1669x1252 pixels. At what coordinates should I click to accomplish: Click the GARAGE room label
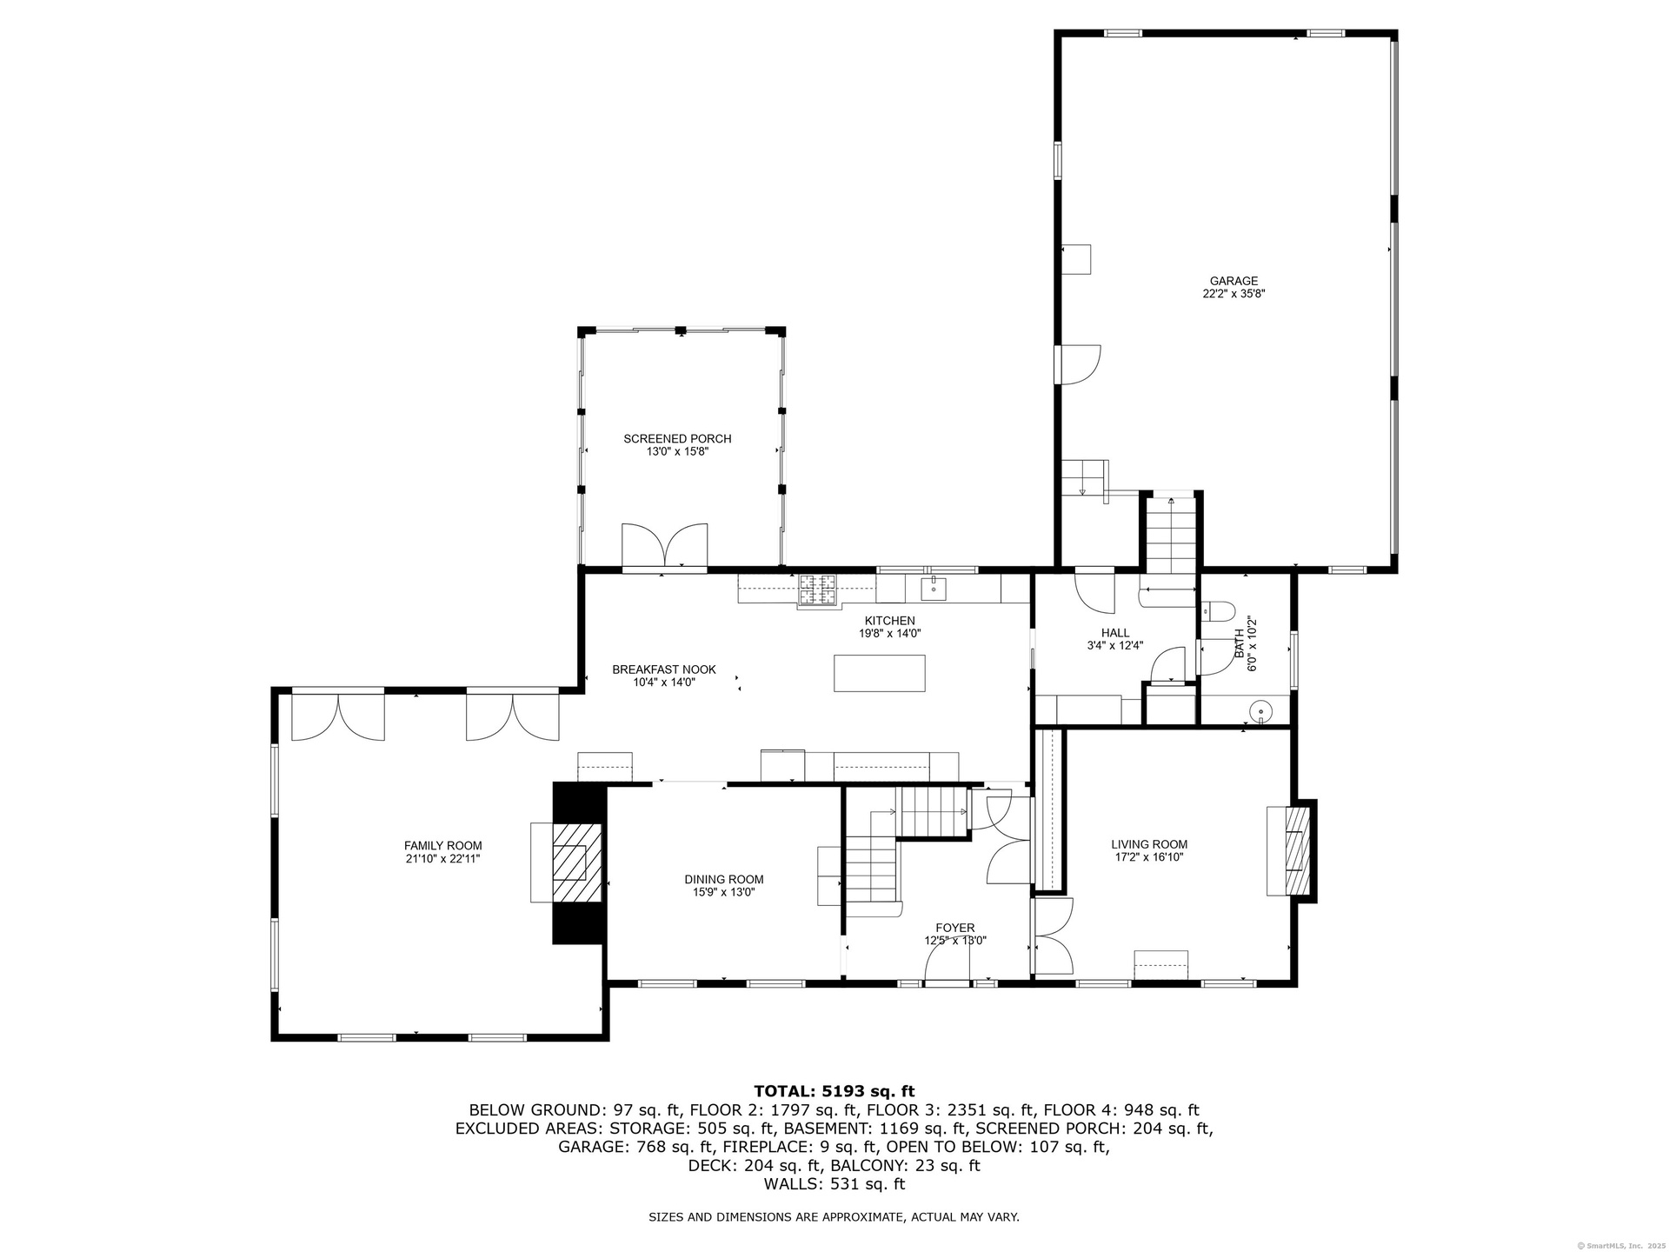1233,281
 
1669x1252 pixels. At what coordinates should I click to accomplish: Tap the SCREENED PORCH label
677,439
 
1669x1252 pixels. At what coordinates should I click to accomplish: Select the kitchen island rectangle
879,673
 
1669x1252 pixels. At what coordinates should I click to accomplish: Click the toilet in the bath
1218,611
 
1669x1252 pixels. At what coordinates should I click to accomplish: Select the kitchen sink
933,587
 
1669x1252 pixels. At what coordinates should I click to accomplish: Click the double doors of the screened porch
664,545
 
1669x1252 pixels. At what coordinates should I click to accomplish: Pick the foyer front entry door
948,963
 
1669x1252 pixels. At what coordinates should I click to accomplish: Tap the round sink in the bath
1260,712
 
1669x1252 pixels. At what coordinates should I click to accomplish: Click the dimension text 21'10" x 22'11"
442,859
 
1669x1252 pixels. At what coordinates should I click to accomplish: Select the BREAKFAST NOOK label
664,669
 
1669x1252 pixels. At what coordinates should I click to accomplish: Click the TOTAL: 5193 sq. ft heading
834,1091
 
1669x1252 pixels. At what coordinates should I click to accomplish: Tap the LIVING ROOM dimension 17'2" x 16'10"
1149,856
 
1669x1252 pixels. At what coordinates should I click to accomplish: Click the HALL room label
1115,633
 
